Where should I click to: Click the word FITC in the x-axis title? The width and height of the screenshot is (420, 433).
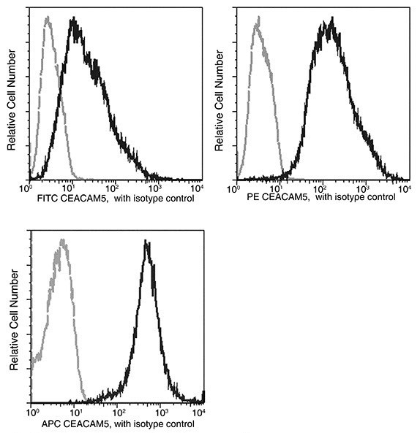(x=45, y=198)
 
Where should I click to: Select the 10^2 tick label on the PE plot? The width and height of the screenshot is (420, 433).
(x=318, y=188)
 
